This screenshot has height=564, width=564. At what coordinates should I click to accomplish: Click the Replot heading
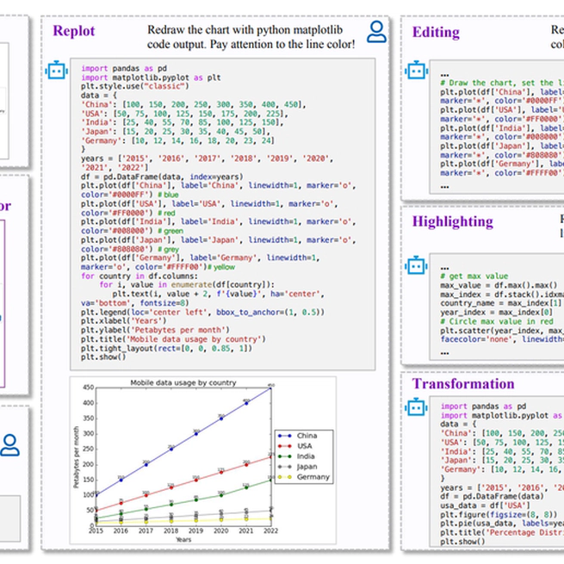(74, 32)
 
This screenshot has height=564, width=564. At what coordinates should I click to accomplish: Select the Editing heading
(436, 32)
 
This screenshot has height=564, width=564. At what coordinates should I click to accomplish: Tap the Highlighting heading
(452, 221)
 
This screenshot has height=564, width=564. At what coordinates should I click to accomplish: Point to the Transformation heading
(463, 384)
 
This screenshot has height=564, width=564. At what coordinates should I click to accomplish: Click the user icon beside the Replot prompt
(376, 32)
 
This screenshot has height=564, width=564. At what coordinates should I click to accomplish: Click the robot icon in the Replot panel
(57, 71)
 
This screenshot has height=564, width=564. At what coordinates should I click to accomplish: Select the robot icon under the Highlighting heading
(417, 265)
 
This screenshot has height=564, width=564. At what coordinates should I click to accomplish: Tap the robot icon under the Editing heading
(417, 71)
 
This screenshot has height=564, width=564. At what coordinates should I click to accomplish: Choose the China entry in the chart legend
(306, 436)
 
